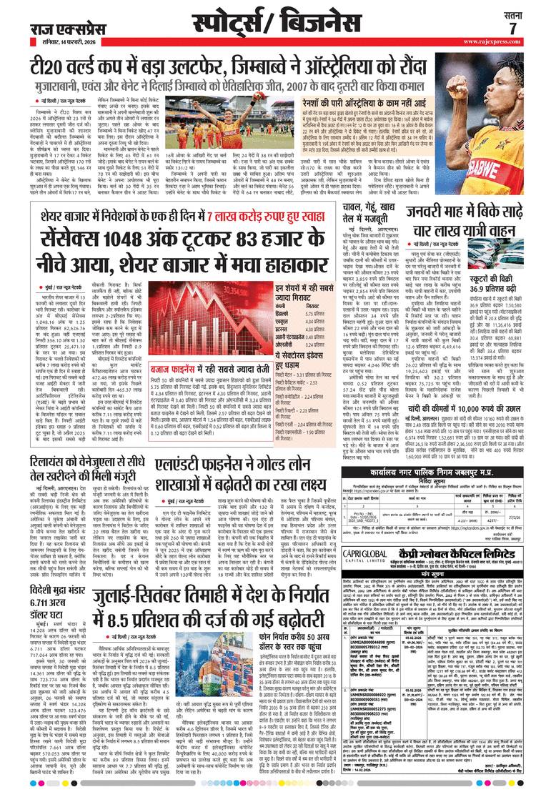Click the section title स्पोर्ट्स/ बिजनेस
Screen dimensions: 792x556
click(276, 20)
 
